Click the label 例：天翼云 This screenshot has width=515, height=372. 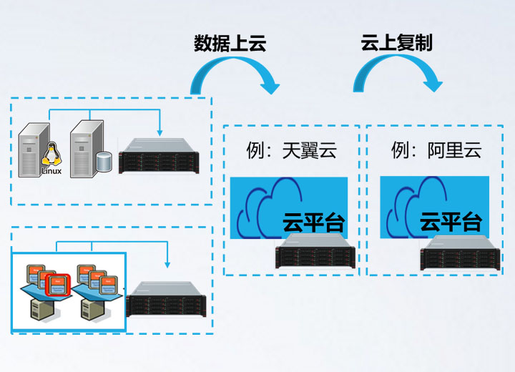[289, 151]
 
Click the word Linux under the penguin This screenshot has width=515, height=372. [51, 171]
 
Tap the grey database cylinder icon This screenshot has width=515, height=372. [105, 162]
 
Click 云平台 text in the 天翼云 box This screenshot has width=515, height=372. [314, 222]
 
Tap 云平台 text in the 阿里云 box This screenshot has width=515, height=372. [450, 221]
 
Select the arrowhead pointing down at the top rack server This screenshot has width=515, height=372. [160, 131]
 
